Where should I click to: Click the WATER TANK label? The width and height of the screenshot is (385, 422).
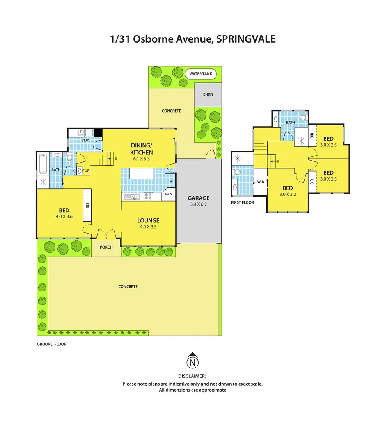tap(200, 73)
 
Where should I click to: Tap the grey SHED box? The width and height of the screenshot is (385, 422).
tap(208, 95)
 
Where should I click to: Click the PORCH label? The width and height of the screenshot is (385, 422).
tap(106, 247)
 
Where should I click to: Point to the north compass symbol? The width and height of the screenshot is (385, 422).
tap(192, 361)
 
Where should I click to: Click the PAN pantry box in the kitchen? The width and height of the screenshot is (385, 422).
tap(169, 194)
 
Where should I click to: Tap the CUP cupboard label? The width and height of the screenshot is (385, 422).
tap(86, 171)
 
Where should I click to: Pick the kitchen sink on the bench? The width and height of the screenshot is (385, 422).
tap(133, 197)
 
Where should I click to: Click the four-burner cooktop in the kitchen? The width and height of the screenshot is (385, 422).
tap(148, 197)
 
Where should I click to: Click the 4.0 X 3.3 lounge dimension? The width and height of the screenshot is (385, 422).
tap(148, 227)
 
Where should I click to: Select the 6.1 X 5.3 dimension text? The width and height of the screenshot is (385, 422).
tap(141, 159)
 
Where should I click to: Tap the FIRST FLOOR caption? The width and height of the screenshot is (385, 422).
tap(243, 202)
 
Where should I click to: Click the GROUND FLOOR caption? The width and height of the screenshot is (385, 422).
tap(51, 344)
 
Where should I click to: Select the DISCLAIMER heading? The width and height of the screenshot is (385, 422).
tap(192, 376)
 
